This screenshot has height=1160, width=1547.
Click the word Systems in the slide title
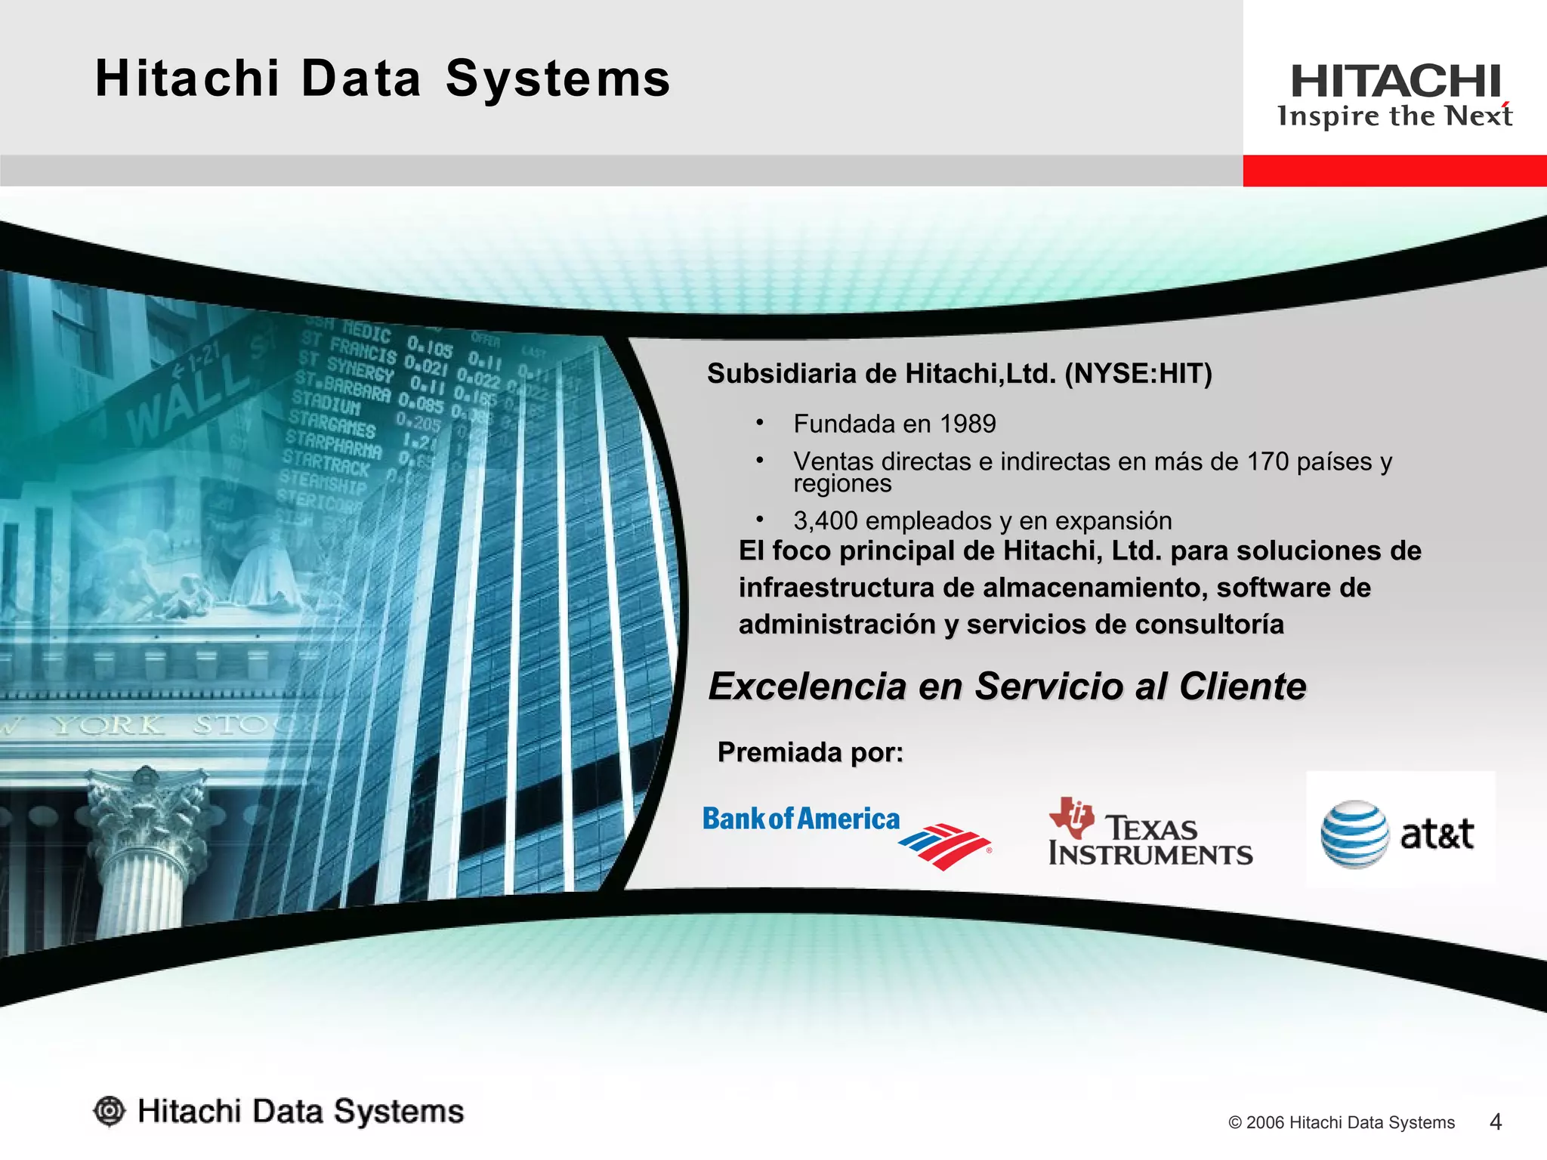[557, 79]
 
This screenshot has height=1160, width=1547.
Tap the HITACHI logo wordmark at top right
[1395, 82]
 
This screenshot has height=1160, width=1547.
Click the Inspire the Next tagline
[1394, 116]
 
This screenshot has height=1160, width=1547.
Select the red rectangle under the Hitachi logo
[1394, 171]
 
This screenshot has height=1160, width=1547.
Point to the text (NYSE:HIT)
[1138, 374]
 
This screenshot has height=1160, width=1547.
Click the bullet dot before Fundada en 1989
[760, 422]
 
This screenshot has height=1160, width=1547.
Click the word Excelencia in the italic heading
[807, 686]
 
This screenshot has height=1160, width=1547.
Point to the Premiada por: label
[810, 752]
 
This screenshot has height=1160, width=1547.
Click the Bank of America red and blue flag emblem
[944, 846]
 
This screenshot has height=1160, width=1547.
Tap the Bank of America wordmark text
[801, 819]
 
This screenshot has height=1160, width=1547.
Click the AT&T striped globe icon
[1354, 834]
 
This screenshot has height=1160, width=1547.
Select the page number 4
[1495, 1121]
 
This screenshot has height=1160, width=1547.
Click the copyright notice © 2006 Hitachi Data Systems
[1341, 1122]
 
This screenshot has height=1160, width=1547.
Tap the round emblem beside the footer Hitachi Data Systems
[110, 1111]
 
